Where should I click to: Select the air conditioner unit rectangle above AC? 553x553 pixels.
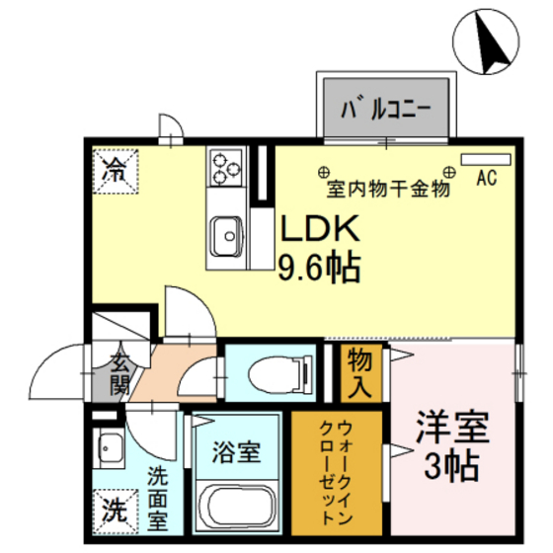(x=486, y=158)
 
